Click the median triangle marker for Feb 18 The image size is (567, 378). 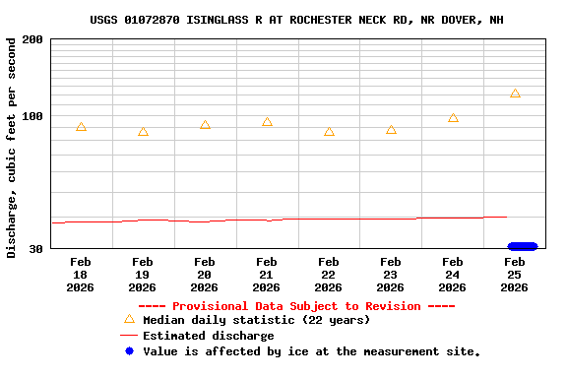pos(81,127)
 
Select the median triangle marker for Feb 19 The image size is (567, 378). pos(143,132)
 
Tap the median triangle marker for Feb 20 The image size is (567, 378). pos(205,125)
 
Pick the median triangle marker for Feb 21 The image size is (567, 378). pos(267,122)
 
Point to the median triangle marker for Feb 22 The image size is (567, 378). pos(329,132)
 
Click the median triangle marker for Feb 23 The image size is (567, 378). pos(391,130)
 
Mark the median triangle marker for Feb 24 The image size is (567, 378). pos(453,118)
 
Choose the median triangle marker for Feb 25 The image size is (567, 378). pos(515,94)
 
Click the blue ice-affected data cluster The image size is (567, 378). pos(522,246)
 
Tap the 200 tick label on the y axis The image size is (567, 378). pos(32,39)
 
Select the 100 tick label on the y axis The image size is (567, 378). pos(32,116)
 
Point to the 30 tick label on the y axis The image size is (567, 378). pos(35,249)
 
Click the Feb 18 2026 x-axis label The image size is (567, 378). pos(81,275)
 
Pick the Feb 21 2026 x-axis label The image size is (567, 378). pos(267,275)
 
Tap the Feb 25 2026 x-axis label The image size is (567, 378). pos(515,275)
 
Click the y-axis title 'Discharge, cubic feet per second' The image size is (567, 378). pos(12,148)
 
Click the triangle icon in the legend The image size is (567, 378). pos(129,319)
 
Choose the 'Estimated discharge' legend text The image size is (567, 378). pos(208,336)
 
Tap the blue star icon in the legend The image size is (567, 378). pos(129,351)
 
